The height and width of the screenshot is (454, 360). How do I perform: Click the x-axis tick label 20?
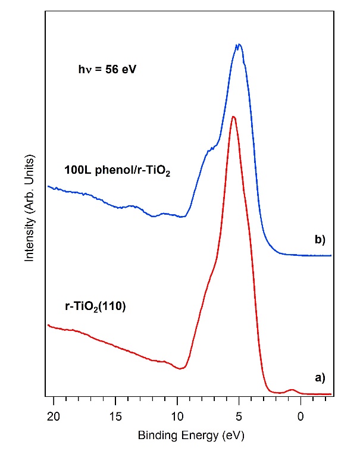54,414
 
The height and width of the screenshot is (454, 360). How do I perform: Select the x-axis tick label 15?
115,414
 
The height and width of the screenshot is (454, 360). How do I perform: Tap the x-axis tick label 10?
177,414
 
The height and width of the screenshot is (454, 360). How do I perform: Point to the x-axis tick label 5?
239,414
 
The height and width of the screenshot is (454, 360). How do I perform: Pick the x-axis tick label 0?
300,414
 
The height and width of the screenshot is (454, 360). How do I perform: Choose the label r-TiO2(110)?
95,309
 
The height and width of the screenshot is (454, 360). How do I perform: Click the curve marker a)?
319,377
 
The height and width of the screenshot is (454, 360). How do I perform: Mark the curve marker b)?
319,240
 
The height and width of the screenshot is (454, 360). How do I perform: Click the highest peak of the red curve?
233,117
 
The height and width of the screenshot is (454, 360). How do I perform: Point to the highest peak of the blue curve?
238,45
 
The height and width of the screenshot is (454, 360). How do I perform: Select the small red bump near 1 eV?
291,390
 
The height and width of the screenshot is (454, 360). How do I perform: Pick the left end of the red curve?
48,325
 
